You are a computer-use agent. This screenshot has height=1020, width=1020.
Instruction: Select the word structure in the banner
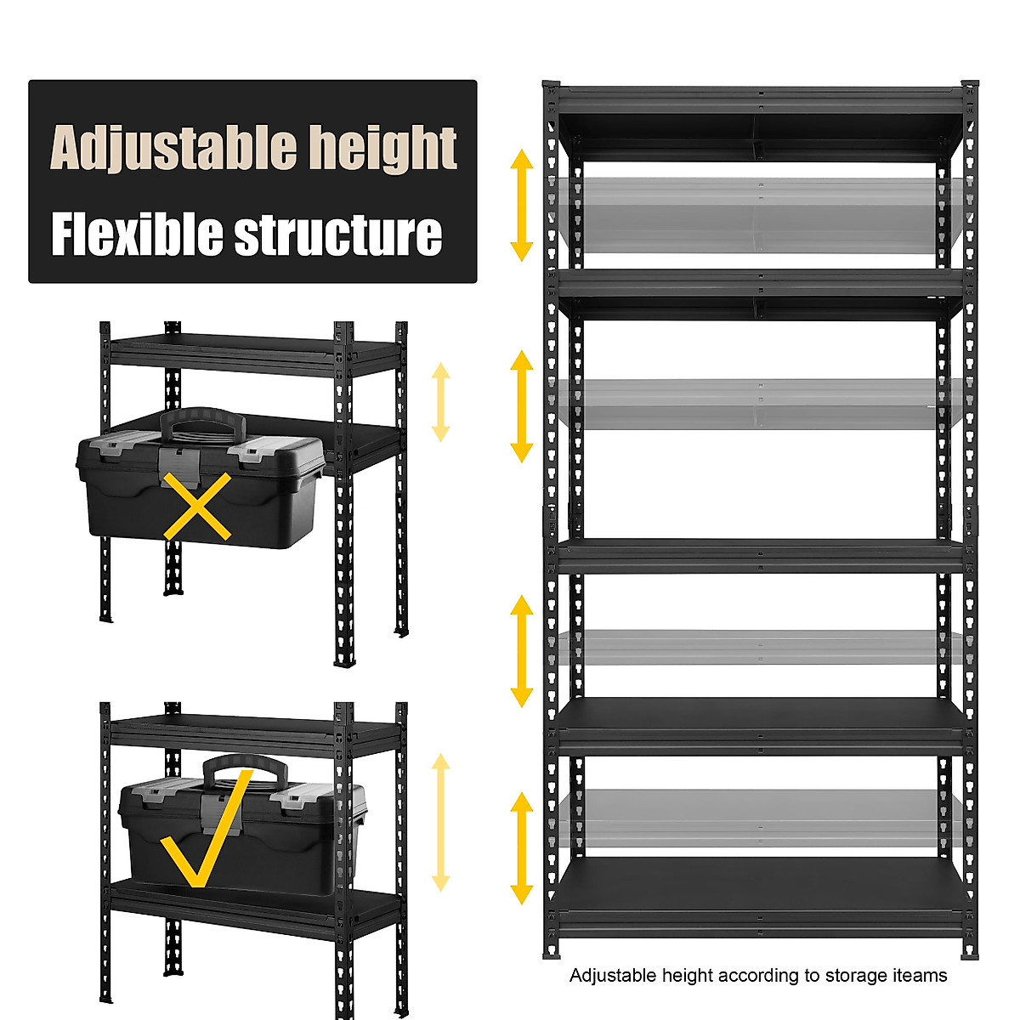pos(338,235)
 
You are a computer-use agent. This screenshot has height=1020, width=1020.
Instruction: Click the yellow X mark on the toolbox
pos(196,507)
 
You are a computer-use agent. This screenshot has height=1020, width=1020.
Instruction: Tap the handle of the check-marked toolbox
pos(245,767)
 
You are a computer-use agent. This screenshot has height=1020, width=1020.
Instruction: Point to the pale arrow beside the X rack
pos(440,402)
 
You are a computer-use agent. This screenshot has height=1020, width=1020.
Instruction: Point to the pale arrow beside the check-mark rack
pos(440,822)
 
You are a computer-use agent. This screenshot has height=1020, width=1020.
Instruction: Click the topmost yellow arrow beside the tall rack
pos(521,204)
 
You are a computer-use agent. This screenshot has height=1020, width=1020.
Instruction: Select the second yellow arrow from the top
pos(521,406)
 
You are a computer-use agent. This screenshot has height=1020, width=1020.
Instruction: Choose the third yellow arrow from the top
pos(521,651)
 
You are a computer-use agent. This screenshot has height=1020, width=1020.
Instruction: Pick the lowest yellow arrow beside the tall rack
pos(521,848)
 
